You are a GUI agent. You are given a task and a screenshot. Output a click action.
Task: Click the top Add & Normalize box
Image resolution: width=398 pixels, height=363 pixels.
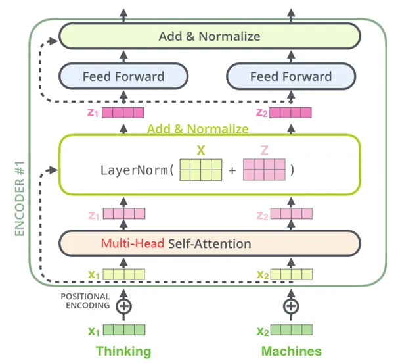(x=210, y=36)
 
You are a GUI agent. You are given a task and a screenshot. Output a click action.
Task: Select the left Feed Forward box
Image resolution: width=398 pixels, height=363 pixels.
(x=123, y=76)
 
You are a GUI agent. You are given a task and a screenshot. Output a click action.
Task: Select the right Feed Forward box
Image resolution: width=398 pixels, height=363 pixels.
(x=291, y=76)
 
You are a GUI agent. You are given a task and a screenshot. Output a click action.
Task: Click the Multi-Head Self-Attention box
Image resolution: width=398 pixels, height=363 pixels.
(x=210, y=243)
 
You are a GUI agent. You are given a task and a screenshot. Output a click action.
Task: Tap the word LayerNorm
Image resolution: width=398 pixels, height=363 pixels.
(x=136, y=170)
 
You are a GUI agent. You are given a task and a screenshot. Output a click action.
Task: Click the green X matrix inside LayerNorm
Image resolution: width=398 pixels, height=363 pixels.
(x=200, y=169)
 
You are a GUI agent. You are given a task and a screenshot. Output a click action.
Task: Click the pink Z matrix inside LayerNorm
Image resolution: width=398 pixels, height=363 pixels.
(x=264, y=169)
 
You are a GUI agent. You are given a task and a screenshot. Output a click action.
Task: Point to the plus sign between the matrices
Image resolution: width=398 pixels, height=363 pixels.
(x=232, y=170)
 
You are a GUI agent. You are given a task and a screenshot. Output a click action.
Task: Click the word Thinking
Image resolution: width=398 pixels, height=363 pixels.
(x=123, y=351)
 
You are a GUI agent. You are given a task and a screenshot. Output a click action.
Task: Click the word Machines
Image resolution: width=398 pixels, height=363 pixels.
(x=291, y=351)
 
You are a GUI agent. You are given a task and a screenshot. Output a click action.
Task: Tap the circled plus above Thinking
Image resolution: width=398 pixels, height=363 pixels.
(x=123, y=306)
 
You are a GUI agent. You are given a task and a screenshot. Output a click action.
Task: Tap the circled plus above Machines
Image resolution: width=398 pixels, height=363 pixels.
(x=291, y=306)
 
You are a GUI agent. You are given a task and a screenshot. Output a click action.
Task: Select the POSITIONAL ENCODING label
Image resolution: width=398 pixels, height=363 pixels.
(x=85, y=301)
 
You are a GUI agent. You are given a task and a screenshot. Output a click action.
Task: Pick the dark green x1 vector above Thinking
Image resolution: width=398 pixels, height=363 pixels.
(x=123, y=330)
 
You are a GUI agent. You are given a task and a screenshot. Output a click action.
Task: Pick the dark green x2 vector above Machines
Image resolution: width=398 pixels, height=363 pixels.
(x=291, y=330)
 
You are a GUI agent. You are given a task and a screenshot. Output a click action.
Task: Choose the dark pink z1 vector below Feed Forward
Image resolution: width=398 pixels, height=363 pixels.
(x=123, y=112)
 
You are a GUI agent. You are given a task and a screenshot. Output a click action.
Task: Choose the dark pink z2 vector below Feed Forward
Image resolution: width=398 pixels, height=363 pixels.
(x=291, y=112)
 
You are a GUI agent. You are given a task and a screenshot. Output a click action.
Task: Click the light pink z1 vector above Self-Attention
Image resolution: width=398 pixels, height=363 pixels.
(x=123, y=214)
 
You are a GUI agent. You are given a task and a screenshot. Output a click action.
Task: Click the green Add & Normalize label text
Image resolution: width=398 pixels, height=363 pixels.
(x=198, y=129)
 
